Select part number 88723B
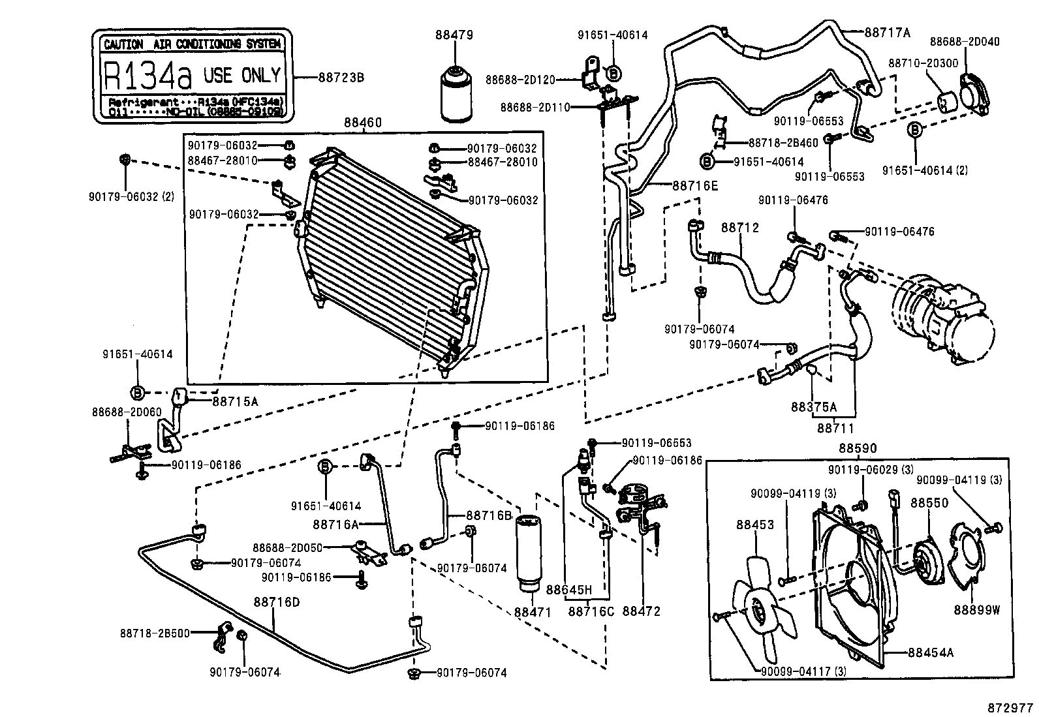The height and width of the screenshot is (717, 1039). pos(341,78)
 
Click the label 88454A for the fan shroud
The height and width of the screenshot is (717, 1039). pos(931,652)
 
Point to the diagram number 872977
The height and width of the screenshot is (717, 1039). pos(1010,707)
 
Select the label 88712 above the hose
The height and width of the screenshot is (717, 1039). pos(740,228)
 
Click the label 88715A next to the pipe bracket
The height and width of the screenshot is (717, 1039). pos(235,401)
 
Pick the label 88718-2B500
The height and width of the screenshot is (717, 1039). pos(155,633)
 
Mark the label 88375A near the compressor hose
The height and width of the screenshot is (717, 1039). pos(813,406)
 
